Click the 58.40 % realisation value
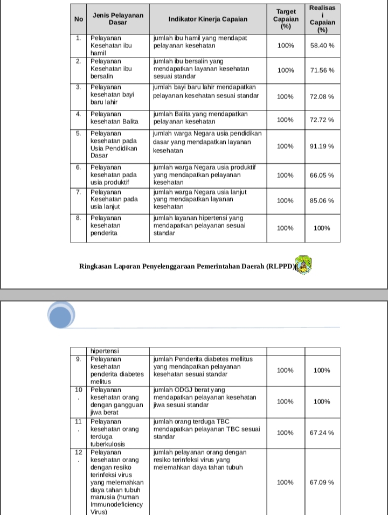(322, 46)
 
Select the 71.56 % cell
(322, 71)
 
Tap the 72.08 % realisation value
(322, 96)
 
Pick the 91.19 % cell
(322, 146)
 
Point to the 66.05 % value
(322, 175)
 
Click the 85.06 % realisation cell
(322, 200)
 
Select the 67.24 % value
(322, 433)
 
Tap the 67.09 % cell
(322, 482)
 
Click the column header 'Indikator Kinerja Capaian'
(208, 19)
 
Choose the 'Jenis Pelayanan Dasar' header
(118, 19)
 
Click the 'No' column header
(79, 19)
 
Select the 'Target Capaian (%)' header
(286, 19)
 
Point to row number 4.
(79, 114)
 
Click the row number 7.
(79, 192)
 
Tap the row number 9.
(79, 359)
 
